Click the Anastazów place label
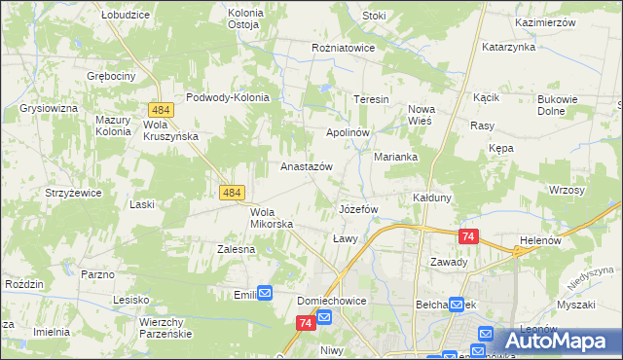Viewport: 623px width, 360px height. click(x=307, y=166)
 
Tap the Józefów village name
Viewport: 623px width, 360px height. click(x=357, y=209)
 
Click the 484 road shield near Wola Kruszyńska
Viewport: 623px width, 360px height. click(x=162, y=112)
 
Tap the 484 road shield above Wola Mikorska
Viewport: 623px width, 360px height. click(x=232, y=194)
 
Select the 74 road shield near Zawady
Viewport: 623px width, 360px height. click(x=469, y=236)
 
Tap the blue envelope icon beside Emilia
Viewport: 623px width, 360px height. click(x=265, y=293)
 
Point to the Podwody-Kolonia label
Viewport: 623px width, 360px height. click(x=227, y=97)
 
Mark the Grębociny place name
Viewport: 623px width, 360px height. click(x=109, y=75)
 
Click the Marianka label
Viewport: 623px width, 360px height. click(x=396, y=157)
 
